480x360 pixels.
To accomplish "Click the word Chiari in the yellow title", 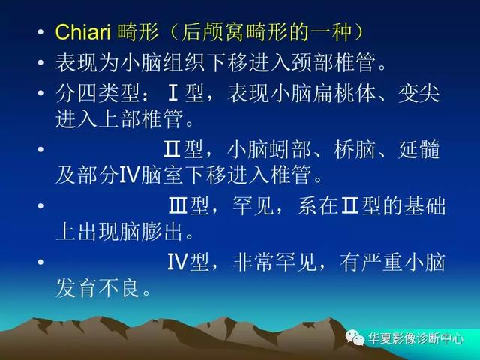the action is [x=82, y=31].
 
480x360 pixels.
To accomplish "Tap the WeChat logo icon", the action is [x=355, y=337].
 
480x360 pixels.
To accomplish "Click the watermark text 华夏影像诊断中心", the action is [x=415, y=338].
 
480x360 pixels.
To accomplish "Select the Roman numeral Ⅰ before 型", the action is [x=173, y=93].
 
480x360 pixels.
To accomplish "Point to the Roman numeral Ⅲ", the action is [x=178, y=205].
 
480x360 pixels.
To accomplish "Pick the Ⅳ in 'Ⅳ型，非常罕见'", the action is [x=178, y=262].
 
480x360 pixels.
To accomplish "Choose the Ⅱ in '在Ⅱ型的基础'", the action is [x=349, y=205].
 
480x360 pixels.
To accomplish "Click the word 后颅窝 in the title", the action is [x=213, y=31].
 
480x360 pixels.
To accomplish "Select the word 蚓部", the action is [x=290, y=149].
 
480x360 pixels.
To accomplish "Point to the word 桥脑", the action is [x=355, y=149].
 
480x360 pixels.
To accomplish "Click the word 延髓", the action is [x=419, y=149].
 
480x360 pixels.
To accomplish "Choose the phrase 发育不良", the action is [x=98, y=287].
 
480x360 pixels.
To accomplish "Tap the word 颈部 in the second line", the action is [x=312, y=62].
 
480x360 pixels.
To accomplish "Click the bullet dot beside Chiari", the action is [x=40, y=32].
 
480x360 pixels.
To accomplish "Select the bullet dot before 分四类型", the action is [x=40, y=93].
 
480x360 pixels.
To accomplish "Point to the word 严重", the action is [x=382, y=262].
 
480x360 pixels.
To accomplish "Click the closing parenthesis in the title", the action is [x=357, y=31].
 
